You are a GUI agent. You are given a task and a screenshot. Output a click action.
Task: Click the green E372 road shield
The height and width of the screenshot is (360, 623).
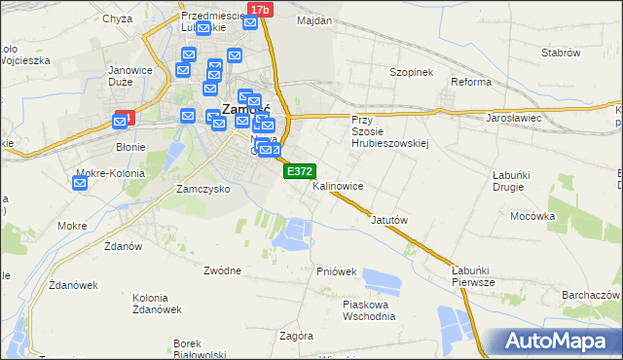pos(299,171)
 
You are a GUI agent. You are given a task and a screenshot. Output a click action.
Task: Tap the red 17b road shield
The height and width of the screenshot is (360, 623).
pos(258,9)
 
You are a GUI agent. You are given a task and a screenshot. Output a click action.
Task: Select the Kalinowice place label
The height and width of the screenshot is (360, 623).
pos(339,185)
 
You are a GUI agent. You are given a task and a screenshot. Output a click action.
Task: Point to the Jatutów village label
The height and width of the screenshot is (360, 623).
pos(388,220)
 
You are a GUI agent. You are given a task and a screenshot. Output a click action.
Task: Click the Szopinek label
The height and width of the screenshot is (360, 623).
pos(411,73)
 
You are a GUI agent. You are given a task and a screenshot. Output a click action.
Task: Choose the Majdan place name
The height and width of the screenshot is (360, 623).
pos(314,20)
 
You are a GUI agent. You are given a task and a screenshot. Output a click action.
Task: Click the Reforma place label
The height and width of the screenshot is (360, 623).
pos(470,82)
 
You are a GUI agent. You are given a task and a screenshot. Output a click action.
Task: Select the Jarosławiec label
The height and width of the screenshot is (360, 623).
pos(513,118)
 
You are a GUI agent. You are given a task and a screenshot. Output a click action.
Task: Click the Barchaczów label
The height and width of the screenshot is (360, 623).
pos(591,294)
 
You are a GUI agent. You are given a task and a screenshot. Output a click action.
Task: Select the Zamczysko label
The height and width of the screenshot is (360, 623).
pos(202,189)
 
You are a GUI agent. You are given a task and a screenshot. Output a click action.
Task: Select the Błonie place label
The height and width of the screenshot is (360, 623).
pos(130,148)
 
